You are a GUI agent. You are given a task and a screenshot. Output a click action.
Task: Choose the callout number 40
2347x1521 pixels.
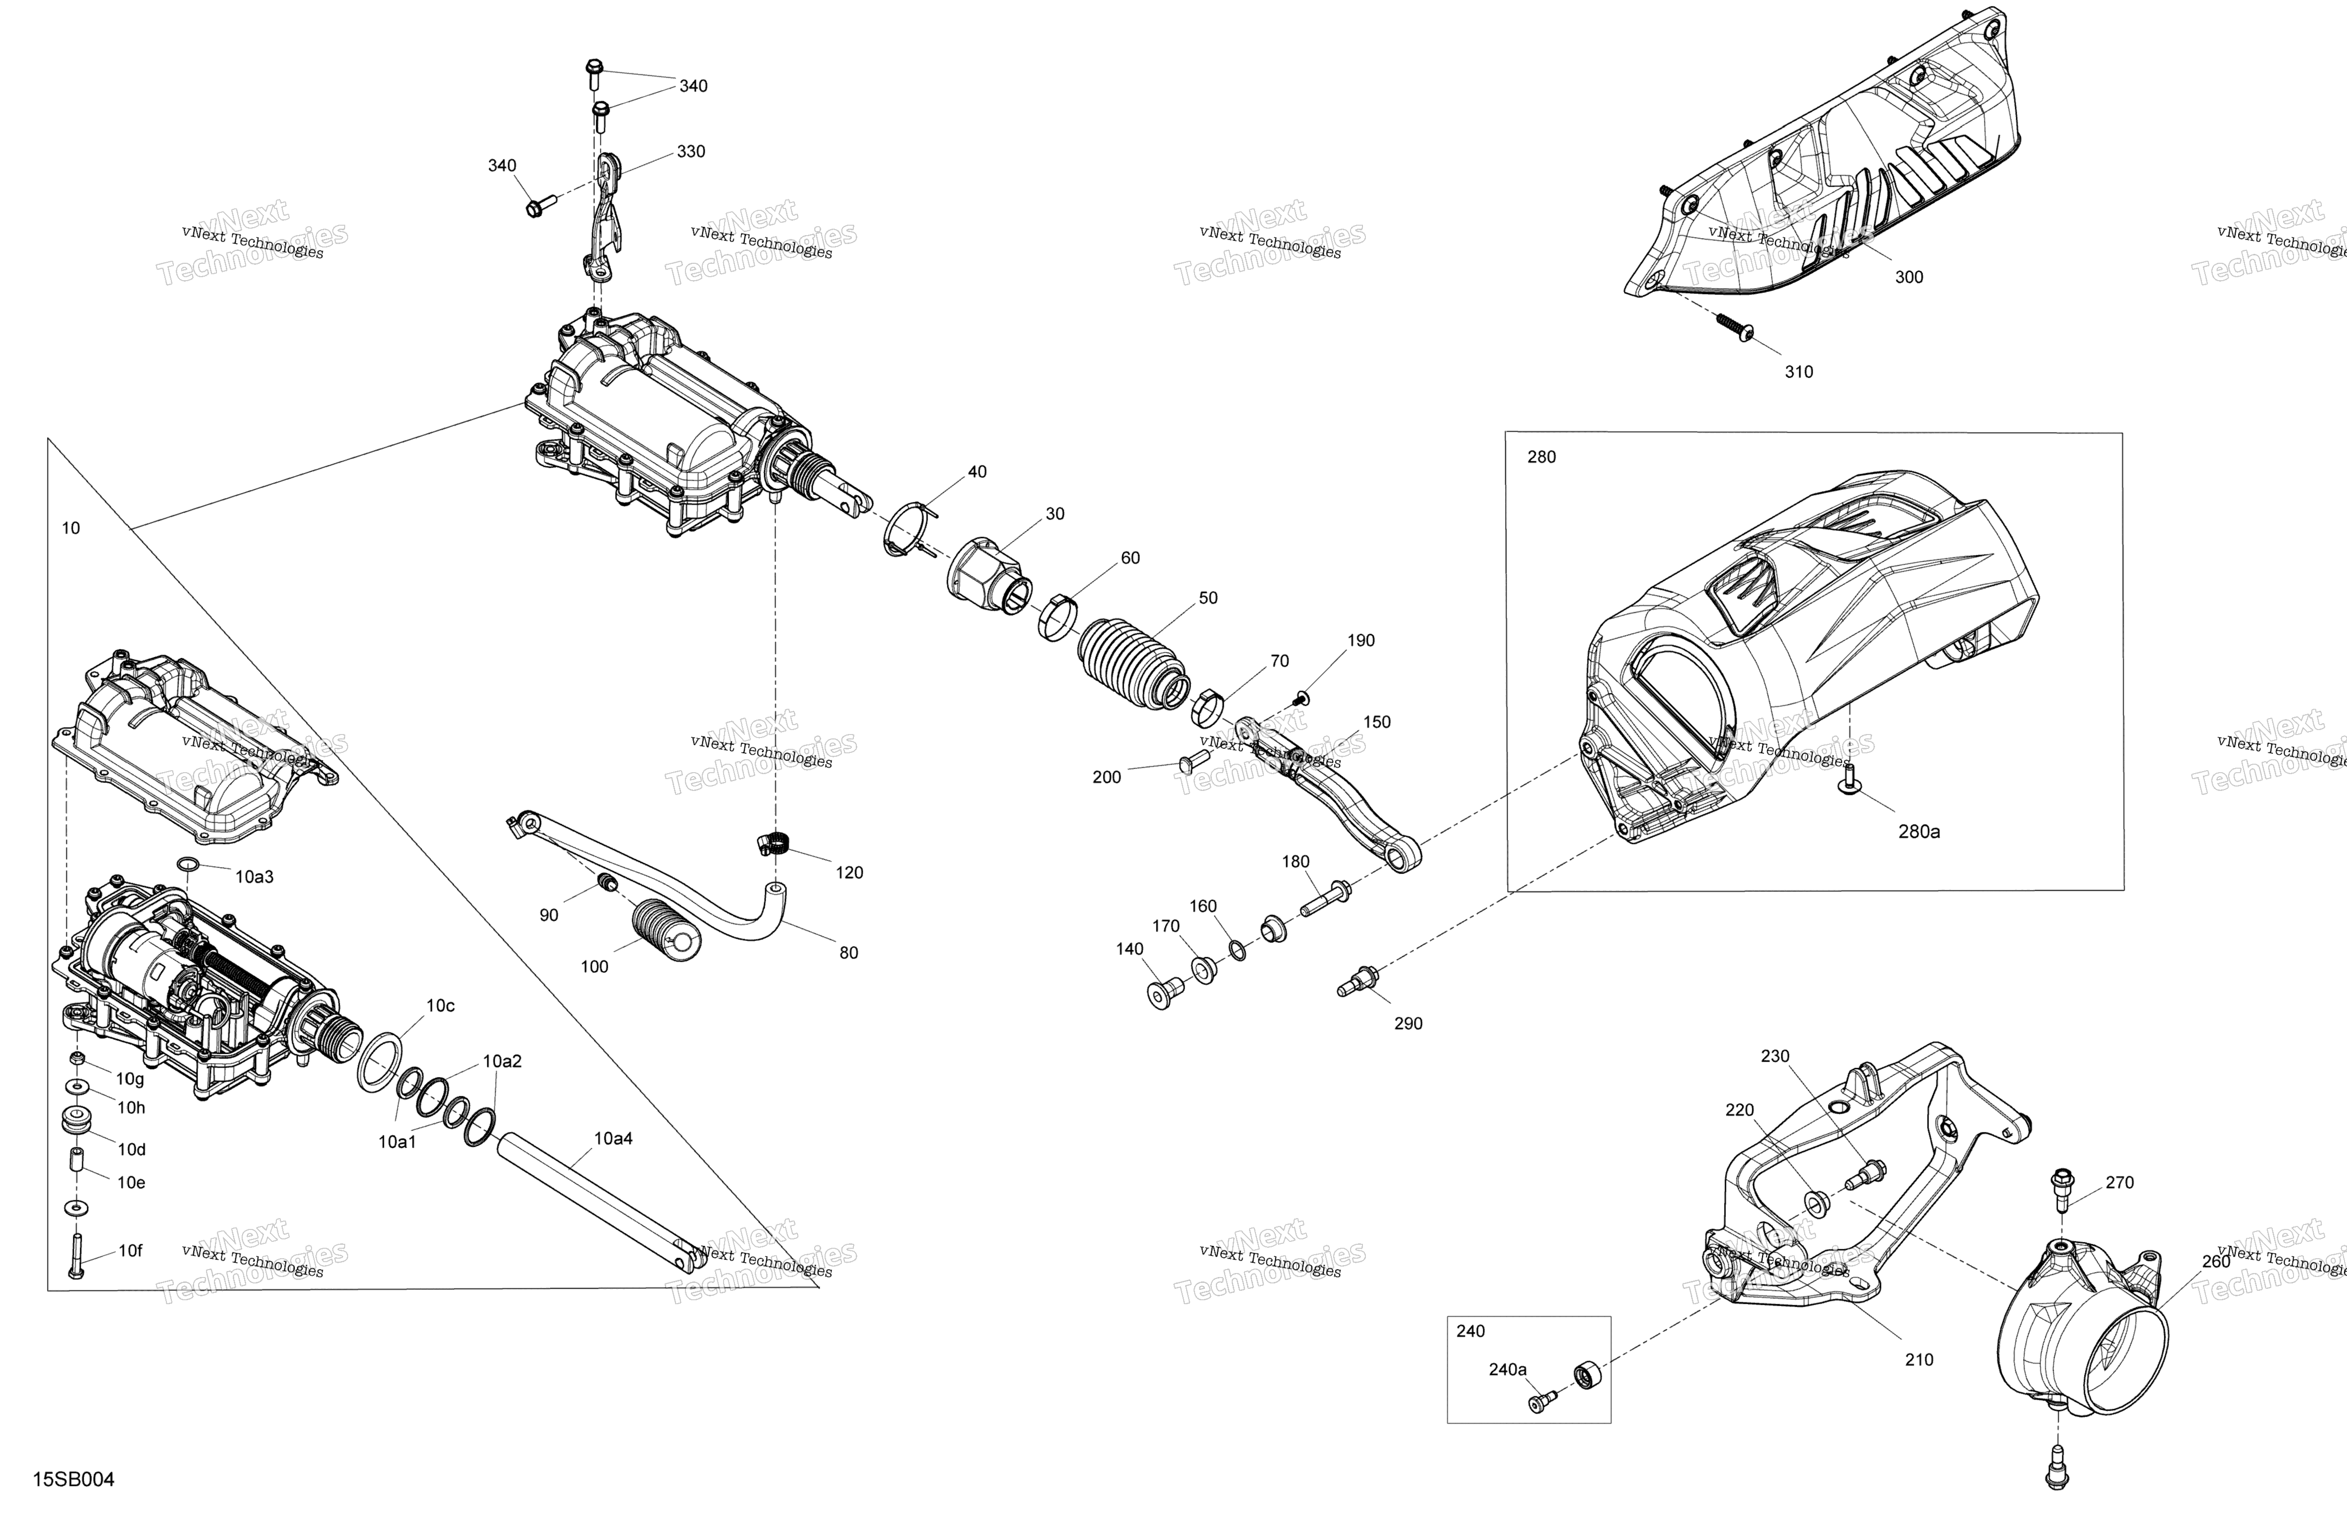(977, 472)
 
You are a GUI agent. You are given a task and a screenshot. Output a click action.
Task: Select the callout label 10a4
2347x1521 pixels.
(614, 1138)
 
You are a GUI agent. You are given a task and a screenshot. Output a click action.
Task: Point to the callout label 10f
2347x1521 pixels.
(130, 1251)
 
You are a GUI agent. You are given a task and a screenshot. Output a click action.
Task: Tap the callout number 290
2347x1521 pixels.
(1408, 1023)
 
